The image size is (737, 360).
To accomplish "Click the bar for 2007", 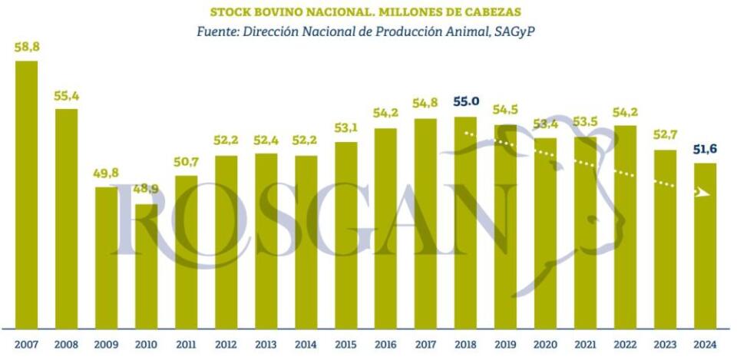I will (x=27, y=195).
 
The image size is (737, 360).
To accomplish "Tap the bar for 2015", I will (x=346, y=235).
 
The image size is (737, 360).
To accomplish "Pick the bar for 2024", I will (x=706, y=246).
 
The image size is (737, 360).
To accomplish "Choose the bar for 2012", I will (x=226, y=242).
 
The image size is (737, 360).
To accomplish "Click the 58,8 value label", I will (x=27, y=48).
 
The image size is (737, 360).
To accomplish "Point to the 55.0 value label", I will (x=466, y=101).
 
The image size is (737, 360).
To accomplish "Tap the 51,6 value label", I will (x=706, y=148).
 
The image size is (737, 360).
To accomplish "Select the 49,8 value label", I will (x=107, y=173).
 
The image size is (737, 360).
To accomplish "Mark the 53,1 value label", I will (x=346, y=127).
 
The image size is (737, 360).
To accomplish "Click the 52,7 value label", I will (x=666, y=136).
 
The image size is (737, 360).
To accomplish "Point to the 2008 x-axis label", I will (x=67, y=345).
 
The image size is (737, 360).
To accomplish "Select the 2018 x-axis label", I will (x=466, y=345).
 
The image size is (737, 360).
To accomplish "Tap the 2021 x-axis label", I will (x=586, y=345).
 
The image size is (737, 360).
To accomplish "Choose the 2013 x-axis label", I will (x=266, y=345).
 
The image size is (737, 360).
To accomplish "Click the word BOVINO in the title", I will (x=276, y=12).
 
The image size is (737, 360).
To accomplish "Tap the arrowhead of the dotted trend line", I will (x=701, y=192).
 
